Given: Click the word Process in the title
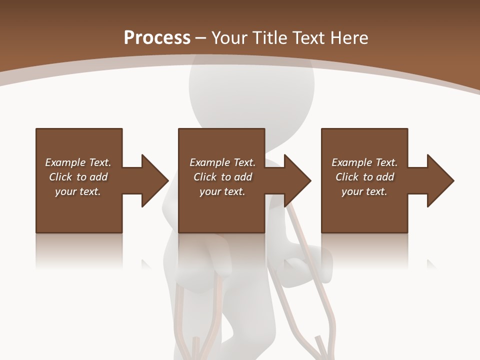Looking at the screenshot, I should (157, 38).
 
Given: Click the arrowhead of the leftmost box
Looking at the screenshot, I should (154, 180).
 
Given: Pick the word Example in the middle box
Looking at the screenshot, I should (209, 162).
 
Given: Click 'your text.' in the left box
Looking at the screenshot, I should (78, 192).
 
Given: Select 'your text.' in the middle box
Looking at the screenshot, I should (222, 192).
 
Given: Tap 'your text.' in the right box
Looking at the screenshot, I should (364, 192).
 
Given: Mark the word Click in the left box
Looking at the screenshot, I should (60, 177).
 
